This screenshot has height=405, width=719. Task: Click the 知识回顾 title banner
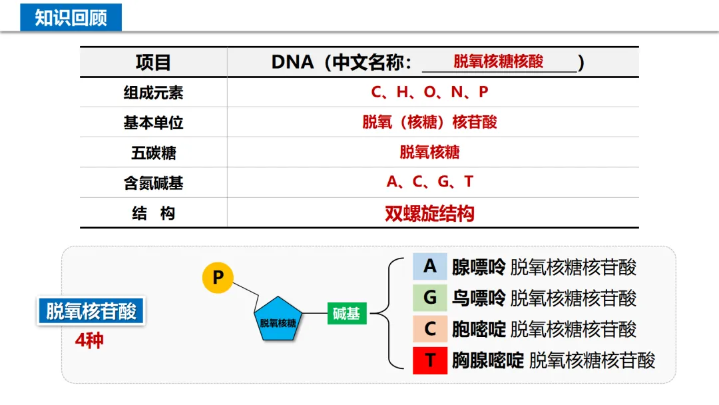click(x=71, y=17)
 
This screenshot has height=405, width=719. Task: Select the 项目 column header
click(x=153, y=63)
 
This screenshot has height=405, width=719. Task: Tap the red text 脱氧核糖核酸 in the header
click(x=498, y=62)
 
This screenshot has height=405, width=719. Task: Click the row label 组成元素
click(x=153, y=93)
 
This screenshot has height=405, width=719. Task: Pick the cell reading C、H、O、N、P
click(x=429, y=92)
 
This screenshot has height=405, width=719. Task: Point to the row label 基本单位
click(x=153, y=123)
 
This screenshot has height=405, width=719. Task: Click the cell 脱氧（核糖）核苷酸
click(x=429, y=123)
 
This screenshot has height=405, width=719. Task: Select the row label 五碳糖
click(x=153, y=153)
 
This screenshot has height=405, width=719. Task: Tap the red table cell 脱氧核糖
click(x=429, y=153)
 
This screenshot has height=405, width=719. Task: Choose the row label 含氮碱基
click(x=153, y=183)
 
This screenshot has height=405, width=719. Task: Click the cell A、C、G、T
click(x=429, y=182)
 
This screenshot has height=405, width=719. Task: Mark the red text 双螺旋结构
click(x=429, y=213)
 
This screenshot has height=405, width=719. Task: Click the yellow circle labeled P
click(x=218, y=277)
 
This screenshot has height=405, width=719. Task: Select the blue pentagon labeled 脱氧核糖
click(x=278, y=320)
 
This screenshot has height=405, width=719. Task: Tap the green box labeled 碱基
click(x=346, y=313)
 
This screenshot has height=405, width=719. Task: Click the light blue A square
click(x=430, y=266)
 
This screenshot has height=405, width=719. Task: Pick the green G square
click(x=430, y=298)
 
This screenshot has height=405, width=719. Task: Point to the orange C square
click(x=430, y=329)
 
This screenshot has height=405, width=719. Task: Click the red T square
click(x=430, y=360)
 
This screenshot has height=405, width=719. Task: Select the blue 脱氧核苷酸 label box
click(x=91, y=311)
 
